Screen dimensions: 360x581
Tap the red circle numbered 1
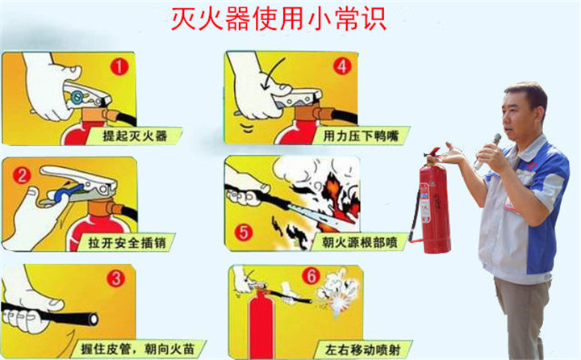coord(119,66)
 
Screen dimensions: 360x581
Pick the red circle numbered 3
coord(116,279)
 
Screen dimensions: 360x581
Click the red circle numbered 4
coord(342,66)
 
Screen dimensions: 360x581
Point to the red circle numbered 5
coord(242,232)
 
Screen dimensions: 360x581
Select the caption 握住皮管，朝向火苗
coord(129,349)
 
